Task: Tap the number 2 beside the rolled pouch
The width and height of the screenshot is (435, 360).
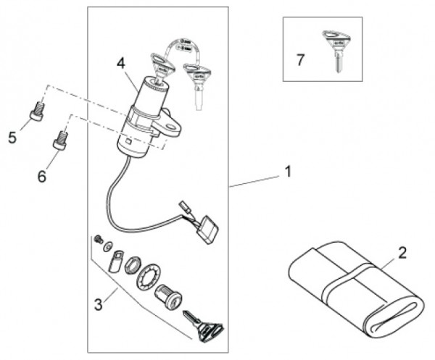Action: (x=402, y=254)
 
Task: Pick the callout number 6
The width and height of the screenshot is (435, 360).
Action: (x=41, y=175)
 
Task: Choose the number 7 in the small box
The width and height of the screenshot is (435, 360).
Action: (x=300, y=59)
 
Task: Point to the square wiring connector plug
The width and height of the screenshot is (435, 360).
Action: (x=208, y=230)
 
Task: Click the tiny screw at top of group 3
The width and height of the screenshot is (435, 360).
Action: (x=96, y=239)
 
